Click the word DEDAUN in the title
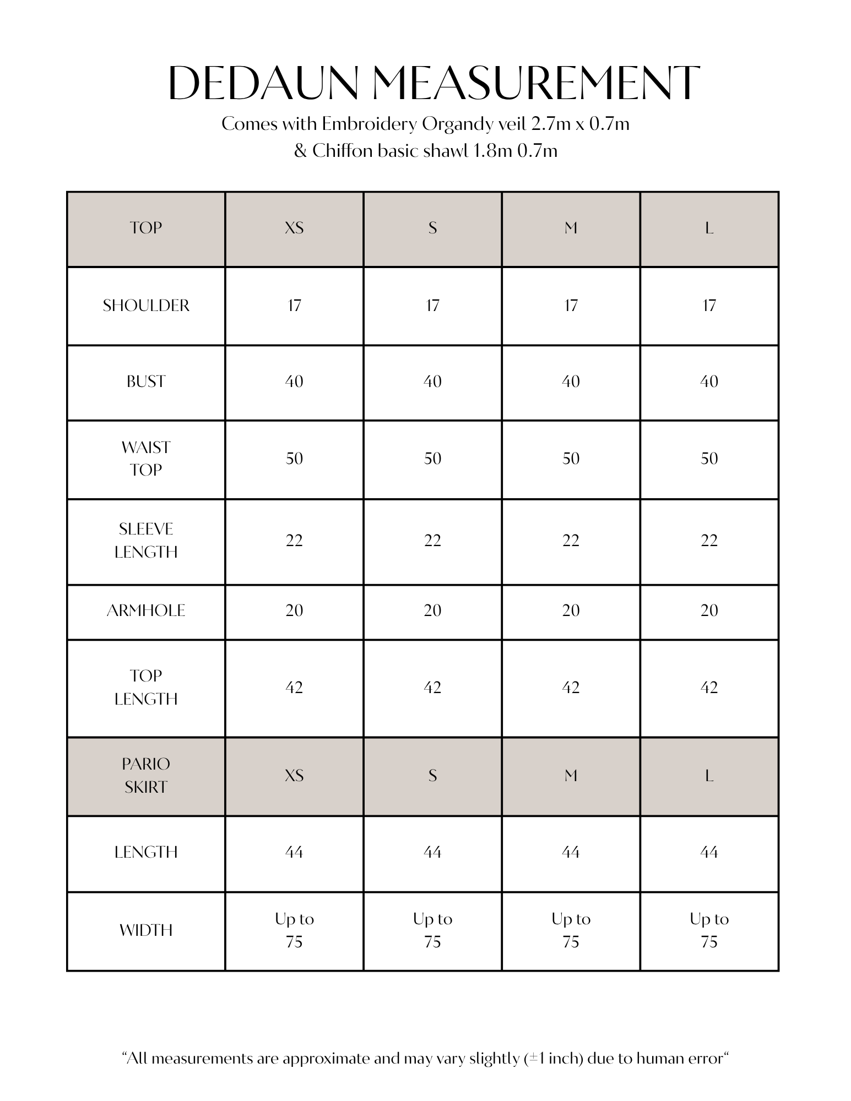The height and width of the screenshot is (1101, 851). pos(264,83)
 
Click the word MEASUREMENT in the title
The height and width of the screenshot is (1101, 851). pos(535,83)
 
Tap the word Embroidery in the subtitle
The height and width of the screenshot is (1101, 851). pos(369,124)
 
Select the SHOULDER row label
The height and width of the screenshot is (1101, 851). pos(146,306)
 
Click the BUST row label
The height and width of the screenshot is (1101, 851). pos(146,381)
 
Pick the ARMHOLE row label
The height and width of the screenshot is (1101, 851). pos(146,611)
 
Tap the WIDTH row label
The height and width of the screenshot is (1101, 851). pos(146,930)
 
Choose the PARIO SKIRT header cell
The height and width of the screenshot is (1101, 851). pos(146,775)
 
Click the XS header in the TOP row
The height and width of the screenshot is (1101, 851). pos(294,228)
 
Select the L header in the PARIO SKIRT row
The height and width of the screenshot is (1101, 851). pos(709,776)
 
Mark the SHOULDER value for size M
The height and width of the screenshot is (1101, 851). pos(571,306)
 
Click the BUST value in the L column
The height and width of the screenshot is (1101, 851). pos(709,381)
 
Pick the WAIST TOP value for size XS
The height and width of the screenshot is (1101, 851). pos(294,459)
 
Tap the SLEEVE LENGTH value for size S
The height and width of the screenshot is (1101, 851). pos(432,541)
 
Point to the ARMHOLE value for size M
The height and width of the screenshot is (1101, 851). pos(571,611)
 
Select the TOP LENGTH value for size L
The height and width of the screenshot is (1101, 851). pos(709,688)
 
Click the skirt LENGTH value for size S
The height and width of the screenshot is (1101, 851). pos(432,852)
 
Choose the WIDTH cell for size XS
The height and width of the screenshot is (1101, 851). pos(294,930)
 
